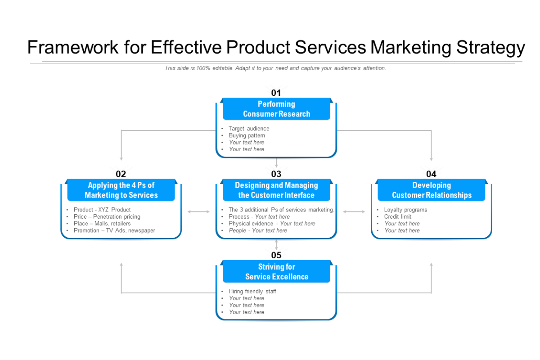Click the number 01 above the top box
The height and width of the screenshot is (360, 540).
click(x=276, y=93)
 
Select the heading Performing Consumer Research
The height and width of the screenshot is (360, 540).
click(x=276, y=109)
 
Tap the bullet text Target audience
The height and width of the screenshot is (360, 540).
click(x=249, y=129)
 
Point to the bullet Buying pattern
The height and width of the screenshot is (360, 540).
click(x=247, y=135)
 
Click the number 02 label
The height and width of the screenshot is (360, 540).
click(x=121, y=174)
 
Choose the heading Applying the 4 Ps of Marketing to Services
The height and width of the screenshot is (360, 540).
click(x=121, y=190)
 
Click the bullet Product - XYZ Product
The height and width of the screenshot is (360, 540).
click(x=102, y=210)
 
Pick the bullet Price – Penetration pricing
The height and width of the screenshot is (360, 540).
click(x=107, y=217)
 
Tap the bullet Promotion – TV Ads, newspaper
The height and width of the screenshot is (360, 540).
click(x=114, y=230)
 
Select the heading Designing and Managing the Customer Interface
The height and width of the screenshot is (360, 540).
click(x=276, y=190)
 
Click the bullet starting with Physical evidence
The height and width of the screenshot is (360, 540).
click(x=272, y=224)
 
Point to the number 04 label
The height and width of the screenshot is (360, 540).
click(x=431, y=174)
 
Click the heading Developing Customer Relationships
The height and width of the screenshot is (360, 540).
click(x=432, y=190)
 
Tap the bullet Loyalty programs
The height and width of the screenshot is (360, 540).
click(x=405, y=210)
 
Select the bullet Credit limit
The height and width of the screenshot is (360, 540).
click(x=398, y=217)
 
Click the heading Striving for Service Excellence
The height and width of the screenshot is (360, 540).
click(x=276, y=272)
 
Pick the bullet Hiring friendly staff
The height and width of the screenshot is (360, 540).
click(x=252, y=292)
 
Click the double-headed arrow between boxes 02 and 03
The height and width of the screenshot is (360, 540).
click(x=198, y=211)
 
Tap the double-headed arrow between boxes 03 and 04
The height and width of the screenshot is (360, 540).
click(x=354, y=211)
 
